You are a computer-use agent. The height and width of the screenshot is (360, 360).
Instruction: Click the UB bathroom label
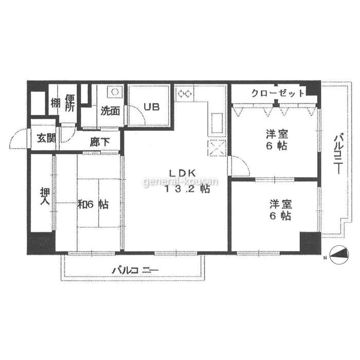(152, 107)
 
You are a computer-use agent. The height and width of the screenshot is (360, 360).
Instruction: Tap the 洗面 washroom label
(110, 111)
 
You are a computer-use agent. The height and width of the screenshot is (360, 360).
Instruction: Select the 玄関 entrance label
(47, 138)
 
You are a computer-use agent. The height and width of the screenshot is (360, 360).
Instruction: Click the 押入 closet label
(45, 196)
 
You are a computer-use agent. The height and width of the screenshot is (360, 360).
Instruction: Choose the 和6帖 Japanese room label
(93, 204)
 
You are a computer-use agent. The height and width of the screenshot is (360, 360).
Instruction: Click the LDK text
(182, 173)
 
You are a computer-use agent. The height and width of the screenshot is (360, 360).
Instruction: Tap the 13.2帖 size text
(187, 189)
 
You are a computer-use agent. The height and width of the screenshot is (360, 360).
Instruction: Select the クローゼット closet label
(278, 94)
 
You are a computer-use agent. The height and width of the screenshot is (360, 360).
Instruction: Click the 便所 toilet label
(69, 103)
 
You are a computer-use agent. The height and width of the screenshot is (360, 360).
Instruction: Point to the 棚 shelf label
(56, 103)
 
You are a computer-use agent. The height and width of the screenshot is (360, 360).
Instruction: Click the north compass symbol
(339, 255)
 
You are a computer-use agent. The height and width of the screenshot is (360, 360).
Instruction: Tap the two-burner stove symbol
(185, 94)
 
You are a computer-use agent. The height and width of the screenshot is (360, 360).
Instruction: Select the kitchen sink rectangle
(217, 123)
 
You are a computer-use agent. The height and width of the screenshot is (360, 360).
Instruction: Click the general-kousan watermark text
(181, 182)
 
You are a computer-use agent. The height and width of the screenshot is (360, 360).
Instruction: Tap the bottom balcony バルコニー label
(135, 270)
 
